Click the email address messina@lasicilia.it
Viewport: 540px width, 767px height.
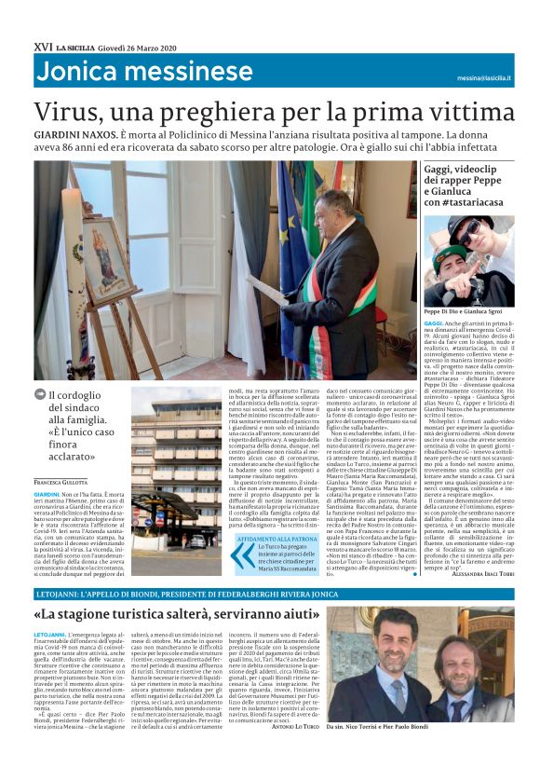pos(498,79)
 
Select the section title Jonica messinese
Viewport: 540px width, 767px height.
pos(144,73)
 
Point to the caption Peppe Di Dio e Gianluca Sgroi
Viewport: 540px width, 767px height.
pos(466,312)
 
